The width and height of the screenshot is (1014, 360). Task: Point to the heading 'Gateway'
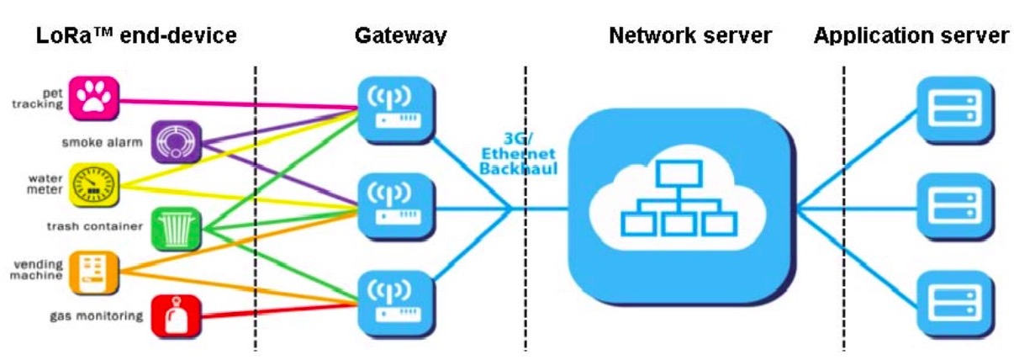pyautogui.click(x=400, y=36)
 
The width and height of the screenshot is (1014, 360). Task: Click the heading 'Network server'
pyautogui.click(x=690, y=36)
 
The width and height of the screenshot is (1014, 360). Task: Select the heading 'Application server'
pyautogui.click(x=911, y=36)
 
